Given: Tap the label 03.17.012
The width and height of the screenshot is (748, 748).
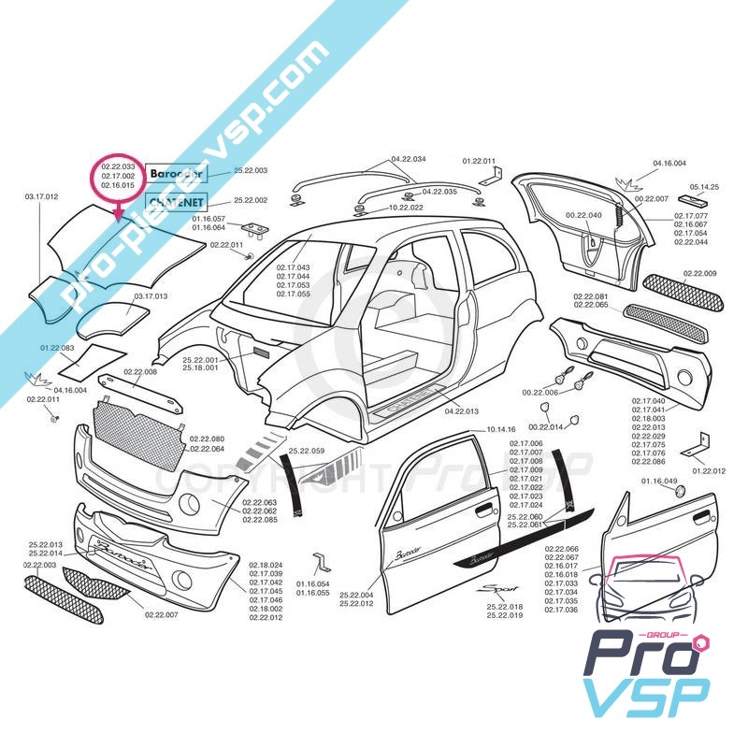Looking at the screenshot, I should point(41,197).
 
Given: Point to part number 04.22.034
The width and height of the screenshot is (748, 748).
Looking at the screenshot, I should point(409,159).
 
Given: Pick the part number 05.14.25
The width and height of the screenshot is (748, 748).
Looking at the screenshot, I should point(704,187).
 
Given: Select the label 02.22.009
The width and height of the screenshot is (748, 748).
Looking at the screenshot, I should point(699,273).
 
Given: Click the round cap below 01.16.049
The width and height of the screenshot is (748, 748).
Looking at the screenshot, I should point(680,493).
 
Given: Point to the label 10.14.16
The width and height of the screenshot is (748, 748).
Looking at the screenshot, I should point(501,429).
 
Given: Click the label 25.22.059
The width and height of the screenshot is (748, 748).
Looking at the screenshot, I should point(306,452).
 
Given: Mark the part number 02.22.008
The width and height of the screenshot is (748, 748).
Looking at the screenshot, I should point(139,371).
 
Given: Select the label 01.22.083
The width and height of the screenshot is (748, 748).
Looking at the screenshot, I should point(57,348).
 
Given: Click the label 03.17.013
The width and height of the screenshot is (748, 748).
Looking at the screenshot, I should point(151,295).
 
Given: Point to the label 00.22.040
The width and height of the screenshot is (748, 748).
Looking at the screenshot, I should point(583,215).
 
